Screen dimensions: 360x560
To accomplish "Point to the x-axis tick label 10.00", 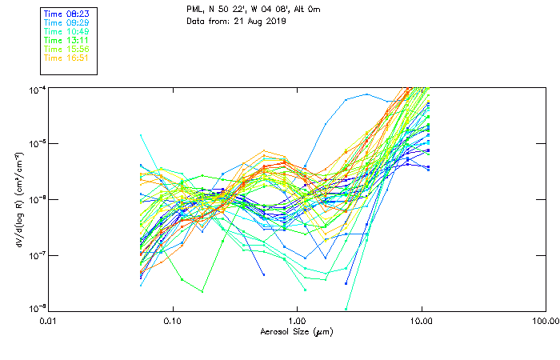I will click(x=422, y=321).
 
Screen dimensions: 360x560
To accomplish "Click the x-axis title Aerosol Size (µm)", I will click(x=296, y=331).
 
